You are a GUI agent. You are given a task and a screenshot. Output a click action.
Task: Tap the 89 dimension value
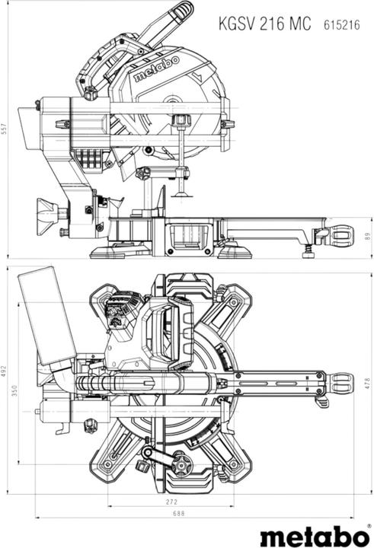pos(367,237)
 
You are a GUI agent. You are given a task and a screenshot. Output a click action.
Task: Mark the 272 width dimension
pos(171,502)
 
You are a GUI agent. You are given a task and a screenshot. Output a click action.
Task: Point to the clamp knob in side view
pos(181,122)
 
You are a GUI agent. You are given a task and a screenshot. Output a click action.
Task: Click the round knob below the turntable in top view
pos(180,461)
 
